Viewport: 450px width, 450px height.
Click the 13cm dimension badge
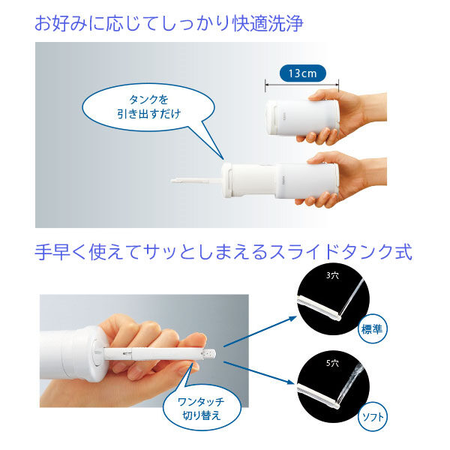303,73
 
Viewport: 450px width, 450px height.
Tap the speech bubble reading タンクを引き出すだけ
148,107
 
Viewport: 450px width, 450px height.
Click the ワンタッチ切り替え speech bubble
202,407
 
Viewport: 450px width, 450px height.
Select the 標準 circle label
372,329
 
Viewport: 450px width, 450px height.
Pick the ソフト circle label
373,417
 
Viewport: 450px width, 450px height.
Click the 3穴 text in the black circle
332,275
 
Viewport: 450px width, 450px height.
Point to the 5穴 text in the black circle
332,363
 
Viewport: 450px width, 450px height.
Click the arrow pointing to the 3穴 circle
259,331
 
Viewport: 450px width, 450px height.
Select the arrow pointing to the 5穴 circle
259,373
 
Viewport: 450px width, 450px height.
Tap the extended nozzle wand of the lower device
196,181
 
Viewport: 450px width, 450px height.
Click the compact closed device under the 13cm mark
302,117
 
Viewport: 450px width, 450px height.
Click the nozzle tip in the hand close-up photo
210,353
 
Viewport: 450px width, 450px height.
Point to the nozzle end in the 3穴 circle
338,318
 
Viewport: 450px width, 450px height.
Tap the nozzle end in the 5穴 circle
337,406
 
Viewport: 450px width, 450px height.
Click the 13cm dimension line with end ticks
302,85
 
